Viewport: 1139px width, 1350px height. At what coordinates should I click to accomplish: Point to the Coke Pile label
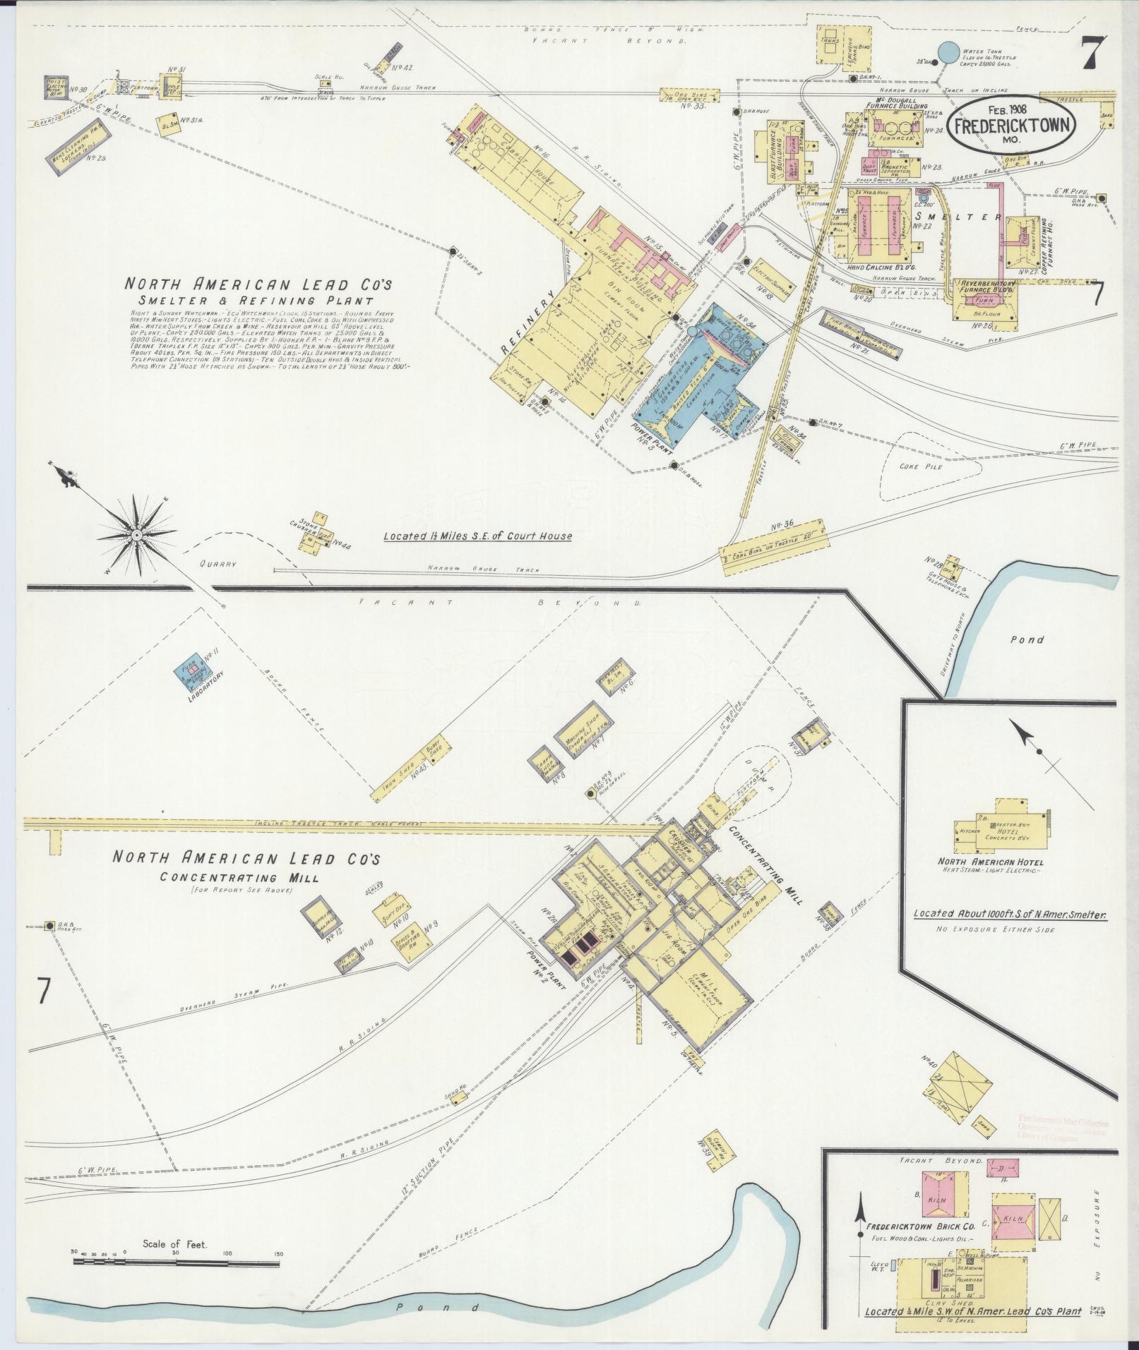click(921, 466)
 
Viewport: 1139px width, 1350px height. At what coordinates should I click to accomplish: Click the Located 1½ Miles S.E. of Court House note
click(477, 536)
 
